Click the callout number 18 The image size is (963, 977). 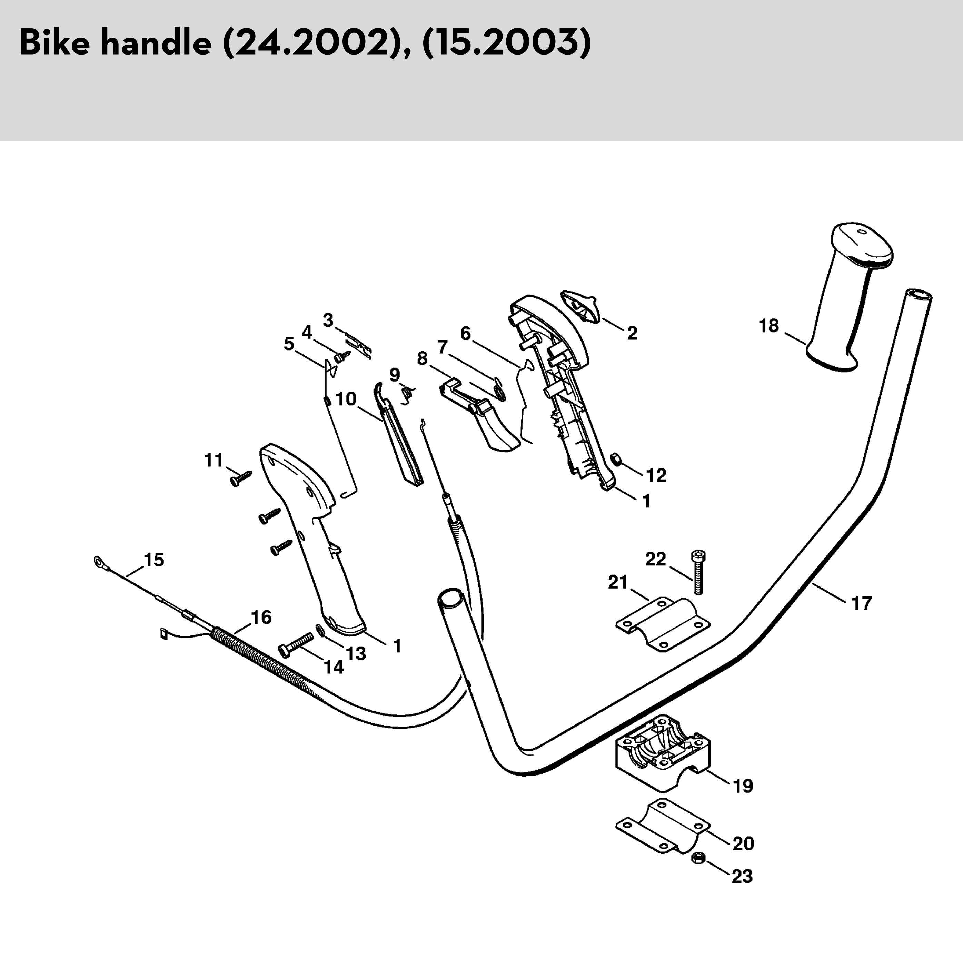tap(768, 326)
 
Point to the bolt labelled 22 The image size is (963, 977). tap(698, 571)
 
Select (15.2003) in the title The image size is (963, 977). tap(506, 45)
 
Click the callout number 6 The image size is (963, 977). tap(466, 334)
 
